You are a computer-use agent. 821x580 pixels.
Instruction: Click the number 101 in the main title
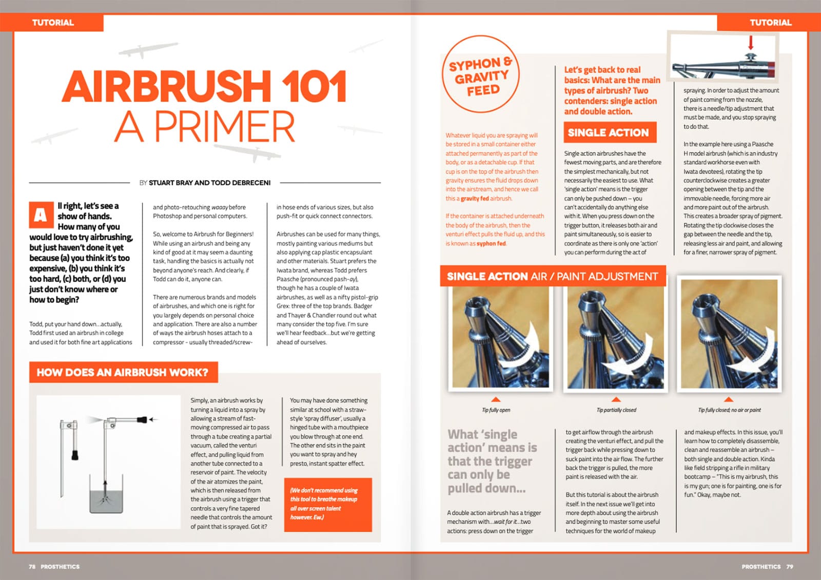[314, 86]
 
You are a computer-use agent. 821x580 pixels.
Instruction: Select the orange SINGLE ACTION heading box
[609, 132]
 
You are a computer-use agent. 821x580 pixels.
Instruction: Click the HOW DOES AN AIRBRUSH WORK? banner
[123, 372]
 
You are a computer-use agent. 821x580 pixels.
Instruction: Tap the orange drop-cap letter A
[41, 215]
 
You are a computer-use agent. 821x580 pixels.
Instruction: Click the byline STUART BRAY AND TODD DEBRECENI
[209, 183]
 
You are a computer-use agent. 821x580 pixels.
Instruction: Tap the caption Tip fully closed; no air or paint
[729, 410]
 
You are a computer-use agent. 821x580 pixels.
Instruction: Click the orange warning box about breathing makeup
[327, 504]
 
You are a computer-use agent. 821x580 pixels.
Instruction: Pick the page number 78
[32, 567]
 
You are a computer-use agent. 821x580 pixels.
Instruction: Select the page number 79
[790, 567]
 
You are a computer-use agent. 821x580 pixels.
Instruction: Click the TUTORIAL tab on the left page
[53, 23]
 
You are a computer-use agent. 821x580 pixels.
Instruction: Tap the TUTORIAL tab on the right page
[770, 23]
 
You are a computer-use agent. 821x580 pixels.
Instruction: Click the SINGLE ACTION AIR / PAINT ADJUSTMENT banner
[552, 276]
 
